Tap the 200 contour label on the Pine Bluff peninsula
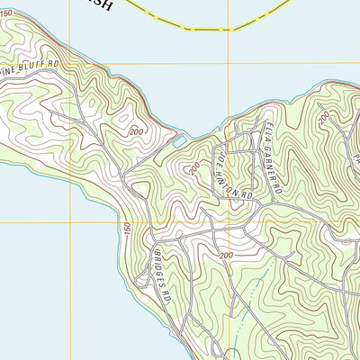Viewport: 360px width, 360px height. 137,132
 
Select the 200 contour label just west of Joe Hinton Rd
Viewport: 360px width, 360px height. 193,168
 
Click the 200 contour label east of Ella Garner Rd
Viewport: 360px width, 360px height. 322,117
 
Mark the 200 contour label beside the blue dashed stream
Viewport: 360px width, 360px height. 225,256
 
